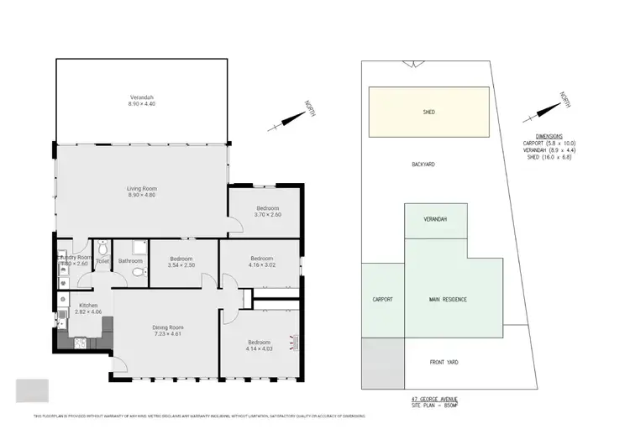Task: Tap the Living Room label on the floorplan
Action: (x=141, y=192)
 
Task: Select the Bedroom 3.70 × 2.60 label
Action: (x=268, y=211)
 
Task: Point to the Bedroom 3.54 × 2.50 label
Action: (x=181, y=262)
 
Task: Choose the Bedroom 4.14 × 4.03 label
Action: (x=259, y=345)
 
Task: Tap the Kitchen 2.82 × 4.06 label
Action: (x=88, y=308)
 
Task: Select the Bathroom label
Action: (x=130, y=261)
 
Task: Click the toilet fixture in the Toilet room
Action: (x=102, y=249)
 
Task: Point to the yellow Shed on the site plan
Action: (x=429, y=112)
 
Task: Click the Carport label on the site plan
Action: (x=382, y=299)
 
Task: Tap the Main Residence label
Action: (x=448, y=299)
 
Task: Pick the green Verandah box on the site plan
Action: (x=435, y=220)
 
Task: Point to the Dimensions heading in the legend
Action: (x=549, y=136)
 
